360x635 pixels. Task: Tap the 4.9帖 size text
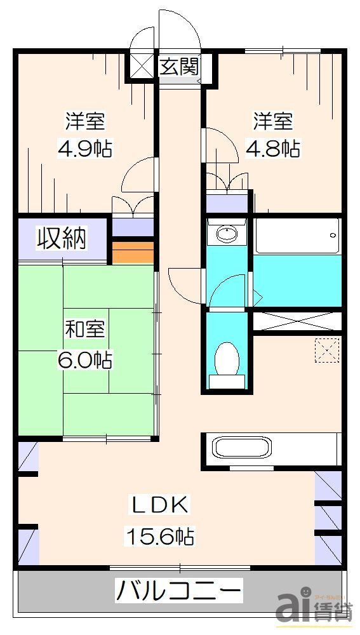point(85,149)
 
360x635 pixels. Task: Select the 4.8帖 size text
point(273,149)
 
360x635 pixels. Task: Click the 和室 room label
point(85,330)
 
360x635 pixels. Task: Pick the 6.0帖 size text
point(85,360)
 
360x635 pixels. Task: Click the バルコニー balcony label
point(178,592)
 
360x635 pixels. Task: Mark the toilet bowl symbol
point(225,361)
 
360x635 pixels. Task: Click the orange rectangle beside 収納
point(133,251)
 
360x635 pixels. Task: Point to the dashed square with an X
point(328,349)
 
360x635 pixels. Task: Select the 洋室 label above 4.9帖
point(85,120)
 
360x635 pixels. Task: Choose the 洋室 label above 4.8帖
point(273,119)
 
